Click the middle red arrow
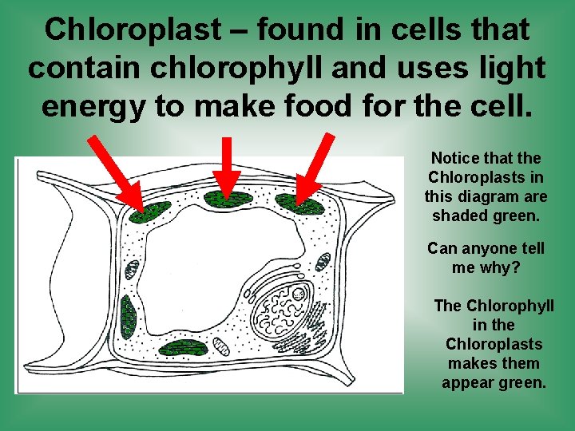point(227,169)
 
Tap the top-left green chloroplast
point(150,212)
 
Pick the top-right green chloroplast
point(300,206)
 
